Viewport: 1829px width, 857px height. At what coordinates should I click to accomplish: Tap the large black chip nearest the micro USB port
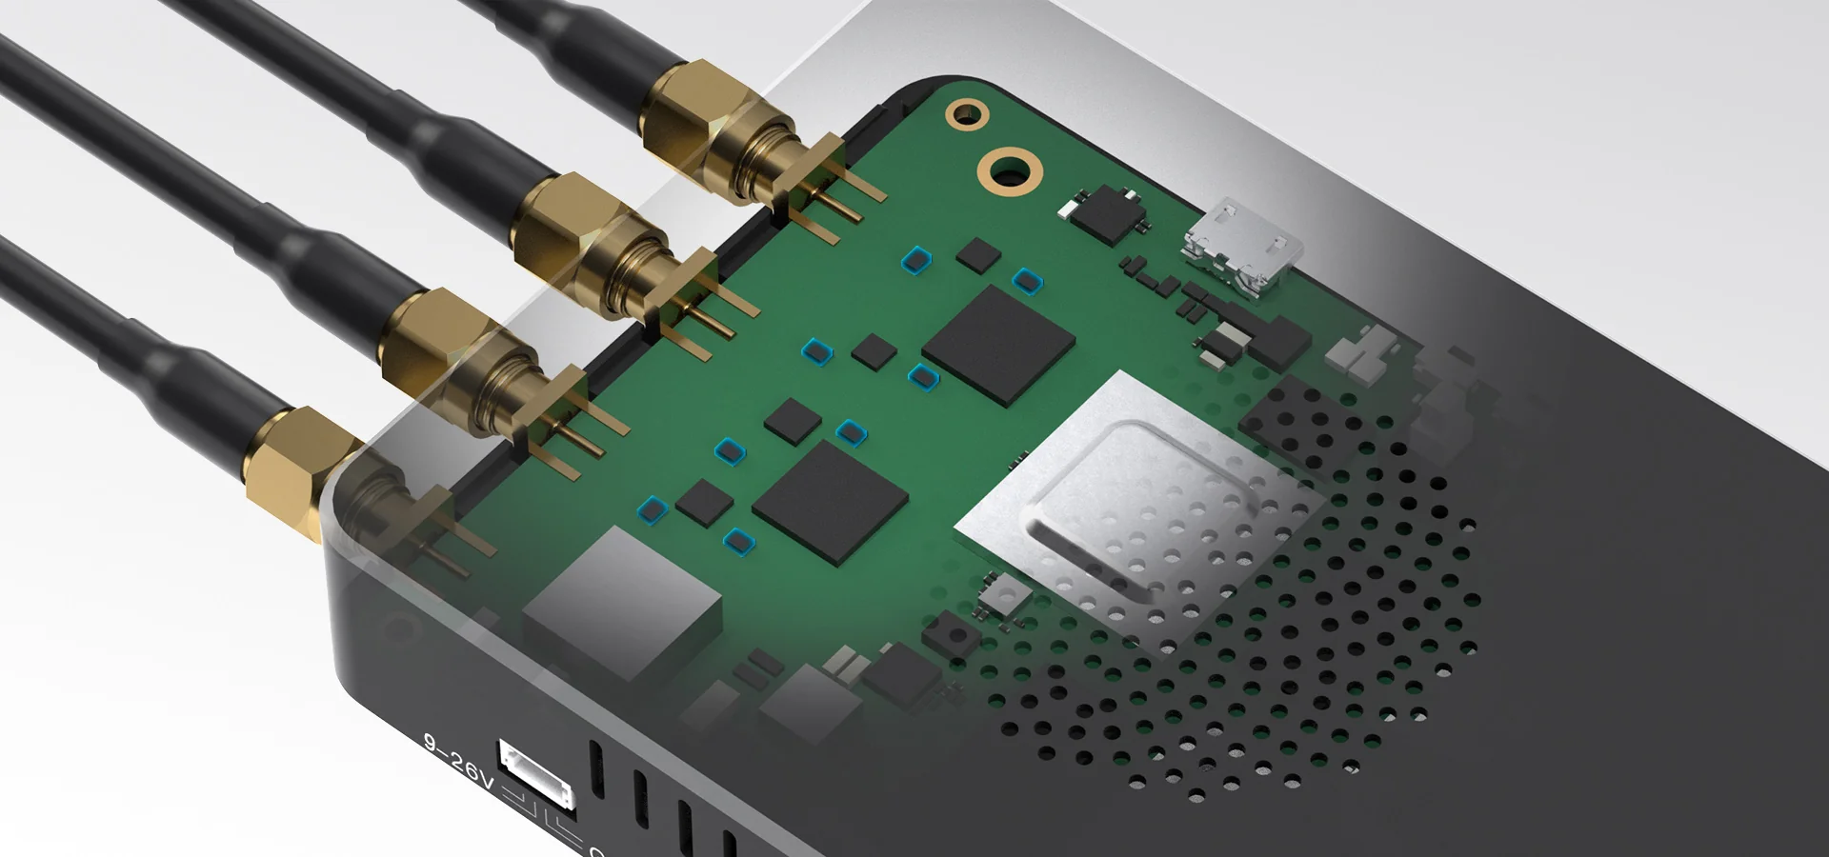click(x=998, y=344)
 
